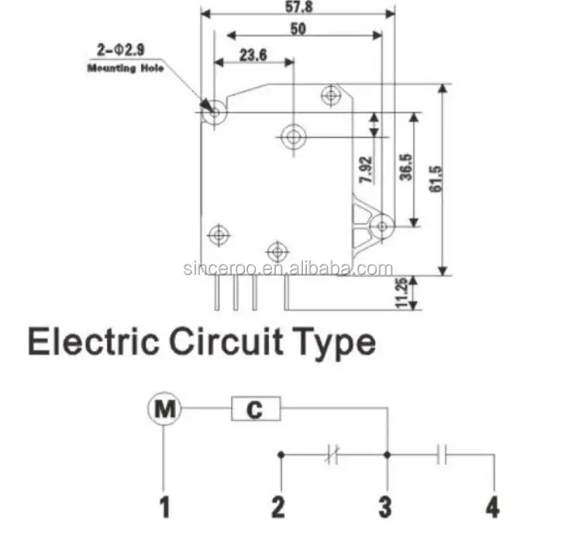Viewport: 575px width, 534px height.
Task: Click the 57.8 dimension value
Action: click(294, 7)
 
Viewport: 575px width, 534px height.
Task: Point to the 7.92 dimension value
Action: click(366, 169)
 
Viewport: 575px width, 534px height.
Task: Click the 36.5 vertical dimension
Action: click(405, 167)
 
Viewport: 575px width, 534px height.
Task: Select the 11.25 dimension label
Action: click(401, 293)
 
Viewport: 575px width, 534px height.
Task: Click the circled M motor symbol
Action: click(164, 408)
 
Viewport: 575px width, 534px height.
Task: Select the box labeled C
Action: click(257, 409)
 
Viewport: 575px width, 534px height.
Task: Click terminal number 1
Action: click(164, 508)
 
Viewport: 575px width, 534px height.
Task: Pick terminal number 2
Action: click(278, 508)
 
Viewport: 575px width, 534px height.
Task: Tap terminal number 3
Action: click(385, 508)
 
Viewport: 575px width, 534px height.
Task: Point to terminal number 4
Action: click(492, 508)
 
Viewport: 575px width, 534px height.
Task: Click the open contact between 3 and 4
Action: click(442, 454)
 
